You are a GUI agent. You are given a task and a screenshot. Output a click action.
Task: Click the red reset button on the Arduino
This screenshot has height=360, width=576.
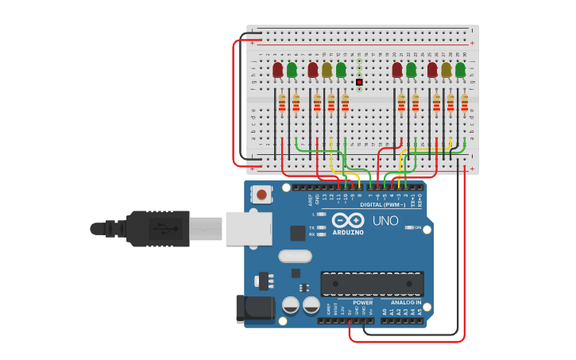tap(261, 194)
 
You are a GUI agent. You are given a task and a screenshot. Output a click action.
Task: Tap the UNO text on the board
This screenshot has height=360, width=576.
tap(385, 220)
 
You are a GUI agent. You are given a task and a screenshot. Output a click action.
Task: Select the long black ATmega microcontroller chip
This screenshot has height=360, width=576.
tap(372, 284)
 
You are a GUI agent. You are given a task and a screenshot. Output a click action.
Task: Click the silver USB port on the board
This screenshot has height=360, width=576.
tap(249, 228)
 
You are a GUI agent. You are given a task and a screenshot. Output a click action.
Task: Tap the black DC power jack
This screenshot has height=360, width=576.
tap(254, 308)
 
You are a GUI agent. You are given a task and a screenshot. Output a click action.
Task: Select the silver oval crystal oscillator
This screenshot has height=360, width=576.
tap(295, 256)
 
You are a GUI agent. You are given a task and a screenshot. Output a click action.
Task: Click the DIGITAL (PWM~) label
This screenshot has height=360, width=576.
tap(382, 205)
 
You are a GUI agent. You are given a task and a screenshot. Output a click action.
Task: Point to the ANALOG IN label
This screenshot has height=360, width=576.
tap(406, 302)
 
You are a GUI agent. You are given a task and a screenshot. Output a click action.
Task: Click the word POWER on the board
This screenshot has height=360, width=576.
tap(362, 302)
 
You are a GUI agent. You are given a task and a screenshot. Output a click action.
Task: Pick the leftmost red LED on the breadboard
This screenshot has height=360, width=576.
tap(277, 70)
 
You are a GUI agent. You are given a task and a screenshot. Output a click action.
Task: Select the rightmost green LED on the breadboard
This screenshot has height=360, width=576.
tap(460, 70)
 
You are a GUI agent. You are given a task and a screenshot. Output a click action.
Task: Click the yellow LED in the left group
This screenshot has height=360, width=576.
tap(327, 70)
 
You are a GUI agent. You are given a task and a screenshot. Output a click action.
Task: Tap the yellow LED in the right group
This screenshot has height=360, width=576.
tap(446, 70)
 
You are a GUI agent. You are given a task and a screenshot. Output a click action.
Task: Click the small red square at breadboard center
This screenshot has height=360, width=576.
tap(359, 82)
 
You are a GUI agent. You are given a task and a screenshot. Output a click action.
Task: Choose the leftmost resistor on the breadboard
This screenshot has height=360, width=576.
tap(282, 103)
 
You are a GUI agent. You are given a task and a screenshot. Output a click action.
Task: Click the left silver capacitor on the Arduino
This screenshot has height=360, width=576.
tap(291, 305)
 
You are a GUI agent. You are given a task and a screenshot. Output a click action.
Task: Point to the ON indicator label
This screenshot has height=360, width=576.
tap(418, 227)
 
